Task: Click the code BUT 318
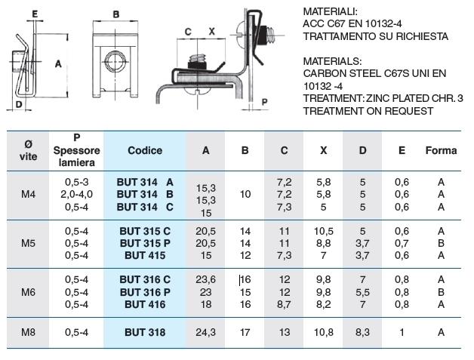coord(145,332)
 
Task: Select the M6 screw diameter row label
coord(28,292)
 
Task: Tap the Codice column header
coord(145,150)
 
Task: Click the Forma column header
coord(441,150)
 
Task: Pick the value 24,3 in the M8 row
coord(205,332)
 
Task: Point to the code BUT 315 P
coord(145,243)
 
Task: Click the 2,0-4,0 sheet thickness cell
coord(76,195)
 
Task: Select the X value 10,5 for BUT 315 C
coord(324,231)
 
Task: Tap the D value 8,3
coord(362,332)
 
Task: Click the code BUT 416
coord(145,304)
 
